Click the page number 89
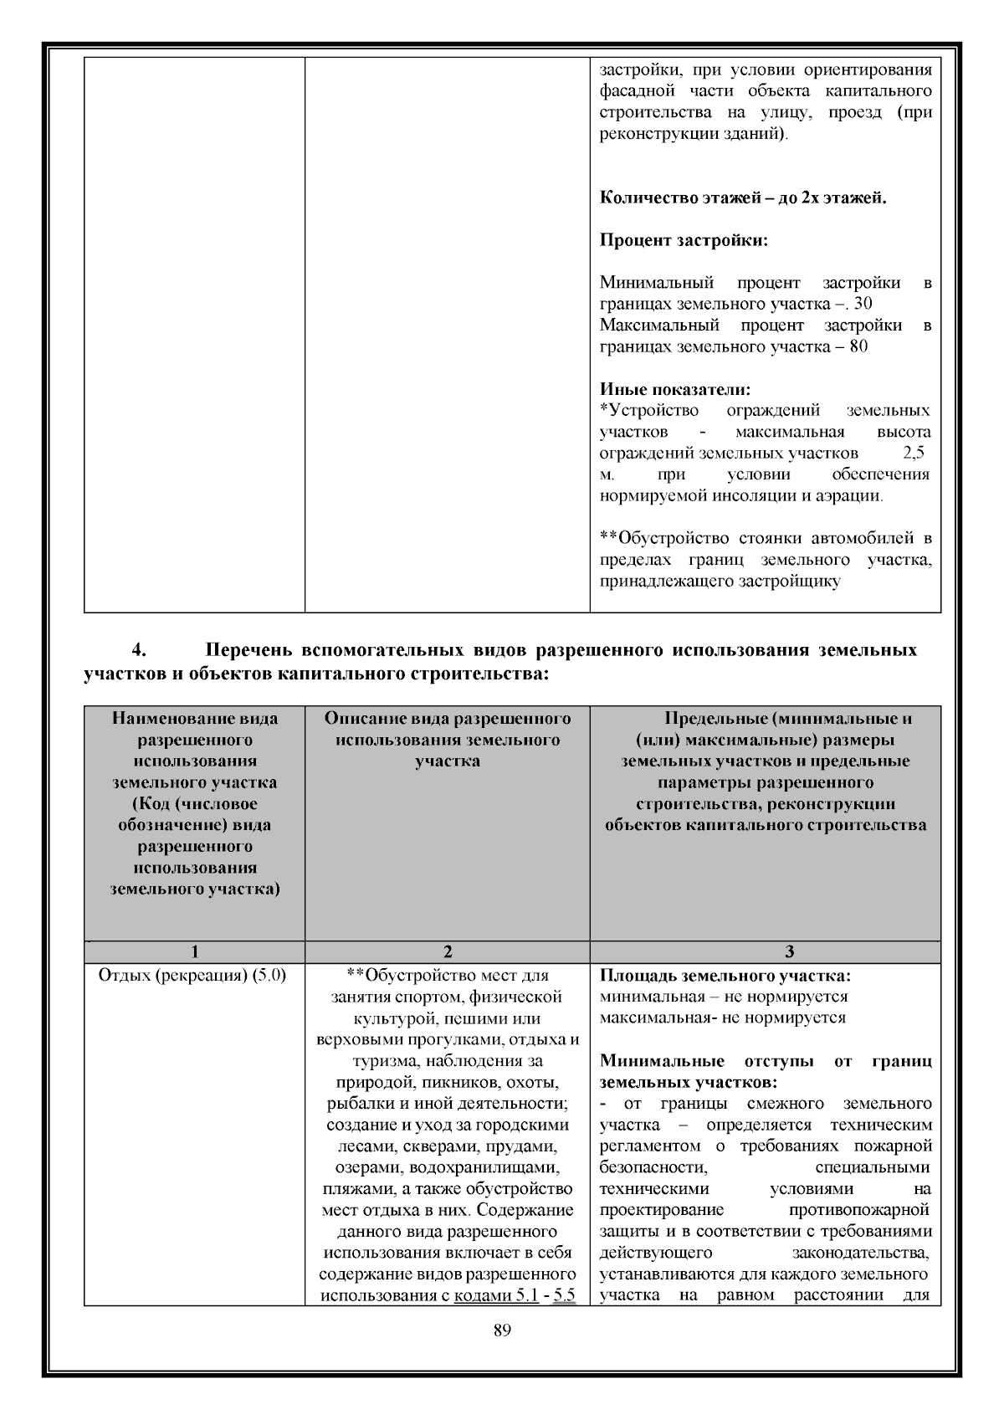click(x=502, y=1330)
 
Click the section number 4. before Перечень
click(x=140, y=650)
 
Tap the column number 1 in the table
click(x=194, y=951)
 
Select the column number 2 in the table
click(x=448, y=951)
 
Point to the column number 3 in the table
click(x=790, y=951)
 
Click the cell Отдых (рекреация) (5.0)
click(x=192, y=975)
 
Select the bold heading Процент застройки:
click(x=684, y=241)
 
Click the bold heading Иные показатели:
click(x=675, y=389)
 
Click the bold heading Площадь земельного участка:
click(x=725, y=975)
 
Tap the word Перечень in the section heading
click(x=248, y=650)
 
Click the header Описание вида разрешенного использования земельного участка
click(x=448, y=740)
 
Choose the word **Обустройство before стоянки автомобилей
click(x=664, y=537)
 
